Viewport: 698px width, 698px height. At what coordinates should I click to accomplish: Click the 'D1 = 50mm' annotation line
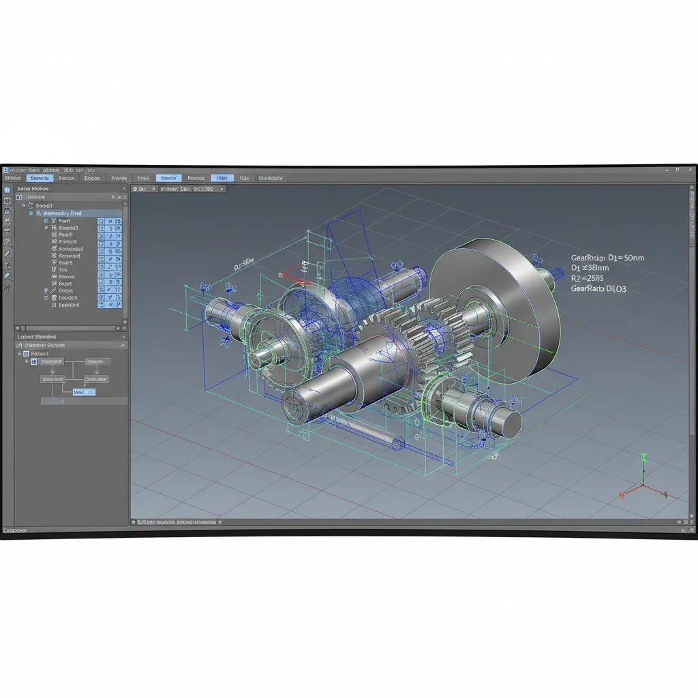pyautogui.click(x=607, y=258)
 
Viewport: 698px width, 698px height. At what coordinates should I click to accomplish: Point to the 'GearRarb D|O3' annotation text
pyautogui.click(x=598, y=289)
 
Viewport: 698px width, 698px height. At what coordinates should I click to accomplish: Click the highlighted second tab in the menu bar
pyautogui.click(x=40, y=178)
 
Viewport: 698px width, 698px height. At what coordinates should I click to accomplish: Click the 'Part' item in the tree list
pyautogui.click(x=65, y=222)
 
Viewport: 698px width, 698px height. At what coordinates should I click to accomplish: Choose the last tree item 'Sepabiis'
pyautogui.click(x=69, y=305)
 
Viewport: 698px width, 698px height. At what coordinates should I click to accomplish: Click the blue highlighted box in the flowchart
pyautogui.click(x=84, y=393)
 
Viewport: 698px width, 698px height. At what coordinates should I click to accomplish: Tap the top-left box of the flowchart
pyautogui.click(x=52, y=362)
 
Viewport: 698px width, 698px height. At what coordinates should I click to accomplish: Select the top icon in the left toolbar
pyautogui.click(x=7, y=189)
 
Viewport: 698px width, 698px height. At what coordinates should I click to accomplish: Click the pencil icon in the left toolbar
pyautogui.click(x=7, y=254)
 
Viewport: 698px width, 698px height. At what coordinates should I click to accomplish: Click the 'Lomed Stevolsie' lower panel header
pyautogui.click(x=37, y=337)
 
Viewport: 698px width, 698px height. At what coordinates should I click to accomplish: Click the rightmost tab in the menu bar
pyautogui.click(x=271, y=178)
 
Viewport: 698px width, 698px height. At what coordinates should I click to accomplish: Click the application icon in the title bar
pyautogui.click(x=4, y=170)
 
